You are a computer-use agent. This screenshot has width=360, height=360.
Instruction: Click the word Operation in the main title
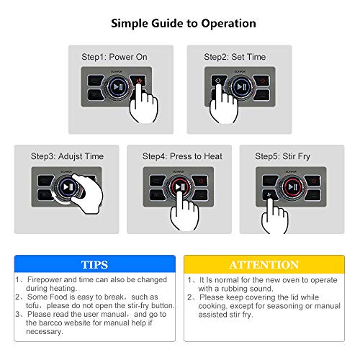(x=228, y=24)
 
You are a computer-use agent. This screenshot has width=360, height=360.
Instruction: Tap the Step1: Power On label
(x=114, y=57)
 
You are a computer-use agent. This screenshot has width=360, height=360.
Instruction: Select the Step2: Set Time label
(x=235, y=57)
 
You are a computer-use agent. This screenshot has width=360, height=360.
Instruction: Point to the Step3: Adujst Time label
(x=67, y=156)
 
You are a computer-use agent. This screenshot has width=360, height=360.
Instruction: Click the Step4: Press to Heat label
(x=182, y=156)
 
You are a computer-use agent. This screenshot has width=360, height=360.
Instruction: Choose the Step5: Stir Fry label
(x=282, y=156)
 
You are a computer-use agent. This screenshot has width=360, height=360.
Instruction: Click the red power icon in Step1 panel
(x=139, y=81)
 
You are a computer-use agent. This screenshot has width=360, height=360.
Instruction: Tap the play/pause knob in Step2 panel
(x=240, y=87)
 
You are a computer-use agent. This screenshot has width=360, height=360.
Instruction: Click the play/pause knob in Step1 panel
(x=117, y=87)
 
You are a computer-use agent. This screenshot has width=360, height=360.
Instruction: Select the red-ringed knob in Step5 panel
(x=292, y=186)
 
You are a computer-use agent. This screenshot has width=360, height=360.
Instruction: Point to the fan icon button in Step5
(x=269, y=194)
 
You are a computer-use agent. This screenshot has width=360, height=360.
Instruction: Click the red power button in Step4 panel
(x=201, y=181)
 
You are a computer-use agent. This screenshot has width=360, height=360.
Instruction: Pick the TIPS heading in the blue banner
(x=94, y=265)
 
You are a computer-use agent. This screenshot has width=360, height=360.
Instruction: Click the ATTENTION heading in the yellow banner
(x=264, y=265)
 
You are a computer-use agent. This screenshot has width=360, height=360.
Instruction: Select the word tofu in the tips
(x=32, y=305)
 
